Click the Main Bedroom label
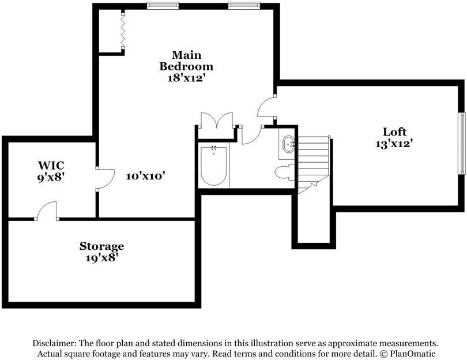point(186,61)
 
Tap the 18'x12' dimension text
point(187,78)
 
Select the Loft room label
point(394,132)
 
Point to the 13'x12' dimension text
point(394,144)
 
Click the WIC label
point(51,165)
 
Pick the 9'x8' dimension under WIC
point(51,177)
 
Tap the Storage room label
point(101,246)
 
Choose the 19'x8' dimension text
point(102,258)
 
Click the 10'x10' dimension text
point(146,176)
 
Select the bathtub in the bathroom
point(213,166)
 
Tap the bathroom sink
point(288,145)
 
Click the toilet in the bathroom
point(285,172)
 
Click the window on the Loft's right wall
point(462,143)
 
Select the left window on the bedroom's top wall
point(163,6)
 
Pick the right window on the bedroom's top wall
point(244,6)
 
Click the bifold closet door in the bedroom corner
point(123,30)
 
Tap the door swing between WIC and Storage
point(47,211)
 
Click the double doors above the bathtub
point(217,120)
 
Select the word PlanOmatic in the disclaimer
point(413,354)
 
